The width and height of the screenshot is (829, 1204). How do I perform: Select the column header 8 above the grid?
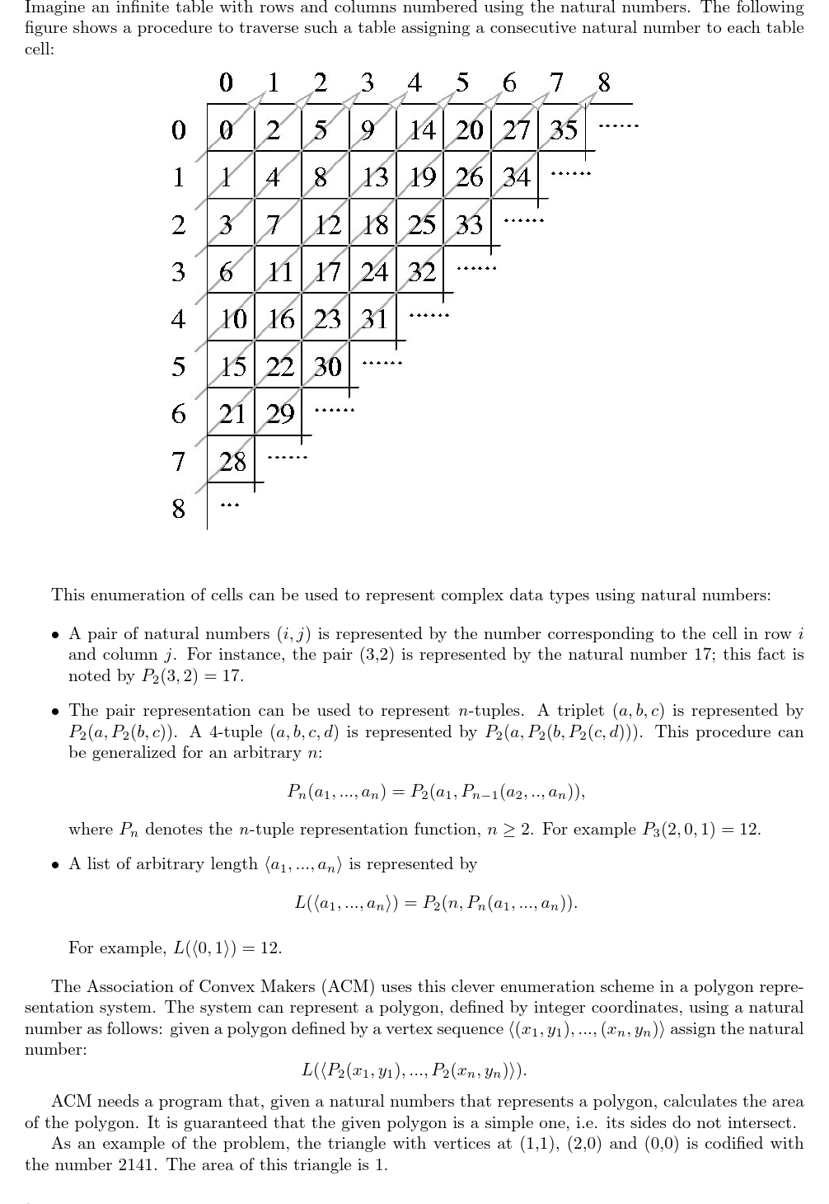(604, 82)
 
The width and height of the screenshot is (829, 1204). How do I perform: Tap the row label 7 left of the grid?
(178, 461)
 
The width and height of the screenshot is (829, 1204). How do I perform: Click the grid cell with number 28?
(232, 461)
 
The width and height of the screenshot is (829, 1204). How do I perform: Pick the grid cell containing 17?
(327, 271)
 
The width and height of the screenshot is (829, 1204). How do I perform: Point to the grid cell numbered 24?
(374, 271)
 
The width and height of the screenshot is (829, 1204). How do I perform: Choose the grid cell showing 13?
(375, 177)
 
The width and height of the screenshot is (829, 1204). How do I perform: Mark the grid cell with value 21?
(232, 413)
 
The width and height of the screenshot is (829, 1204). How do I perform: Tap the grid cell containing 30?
(327, 366)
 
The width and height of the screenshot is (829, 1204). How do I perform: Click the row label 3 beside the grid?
(178, 271)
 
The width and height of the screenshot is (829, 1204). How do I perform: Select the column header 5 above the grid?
(462, 82)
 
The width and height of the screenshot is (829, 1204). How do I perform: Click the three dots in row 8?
(232, 506)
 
